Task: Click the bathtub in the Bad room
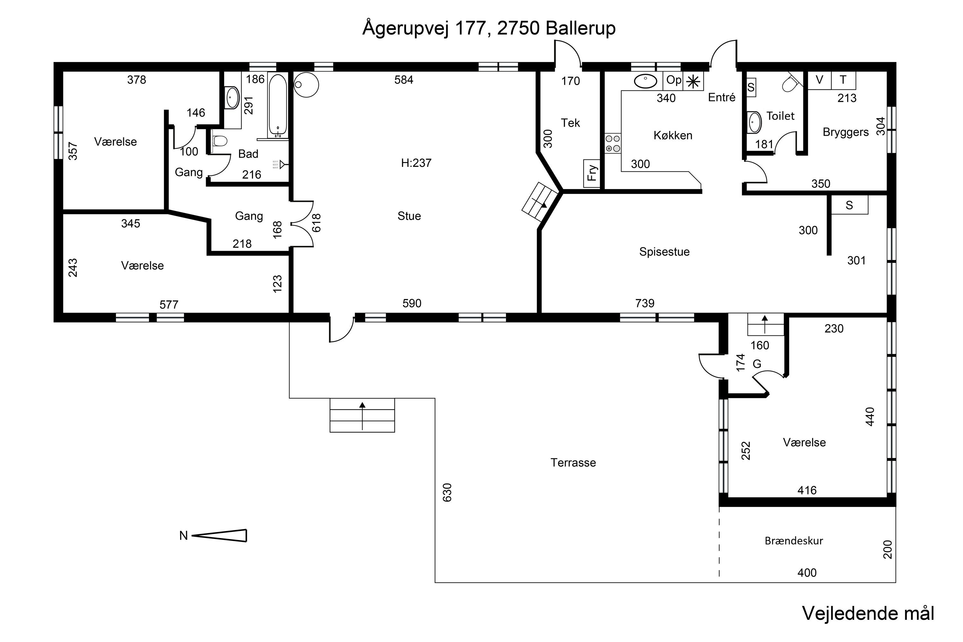(x=278, y=105)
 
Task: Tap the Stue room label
(x=409, y=216)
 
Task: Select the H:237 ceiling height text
(x=416, y=163)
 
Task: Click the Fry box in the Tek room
(x=592, y=173)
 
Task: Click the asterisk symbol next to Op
(x=693, y=82)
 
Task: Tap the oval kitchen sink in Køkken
(x=646, y=82)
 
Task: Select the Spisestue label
(x=664, y=252)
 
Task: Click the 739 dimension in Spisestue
(x=645, y=303)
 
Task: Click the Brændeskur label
(x=794, y=541)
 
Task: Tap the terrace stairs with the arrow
(x=362, y=415)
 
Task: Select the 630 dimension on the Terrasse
(x=447, y=492)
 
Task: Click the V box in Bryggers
(x=819, y=80)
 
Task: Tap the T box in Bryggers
(x=843, y=80)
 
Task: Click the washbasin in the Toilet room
(x=754, y=122)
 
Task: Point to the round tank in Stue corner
(x=306, y=85)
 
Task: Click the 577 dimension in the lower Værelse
(x=169, y=305)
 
